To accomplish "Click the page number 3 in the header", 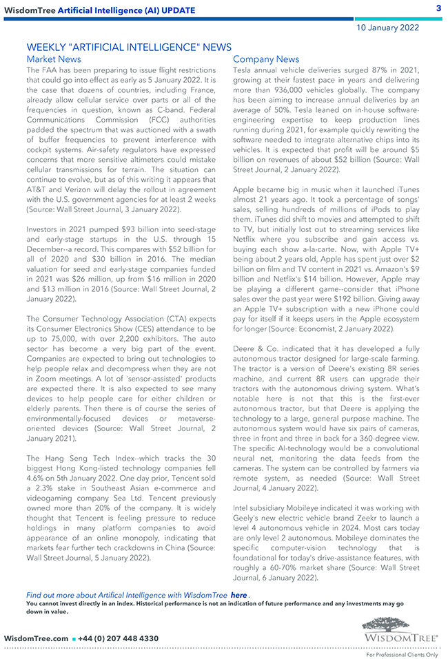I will pyautogui.click(x=438, y=8).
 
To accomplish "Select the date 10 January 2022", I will pyautogui.click(x=387, y=28).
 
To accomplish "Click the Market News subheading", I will pyautogui.click(x=53, y=59).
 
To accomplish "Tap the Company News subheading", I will pyautogui.click(x=266, y=59).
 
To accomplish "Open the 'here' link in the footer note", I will pyautogui.click(x=238, y=595).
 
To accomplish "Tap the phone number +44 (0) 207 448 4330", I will pyautogui.click(x=119, y=638).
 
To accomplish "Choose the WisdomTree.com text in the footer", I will pyautogui.click(x=36, y=638).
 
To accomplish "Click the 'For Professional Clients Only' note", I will pyautogui.click(x=402, y=655).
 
